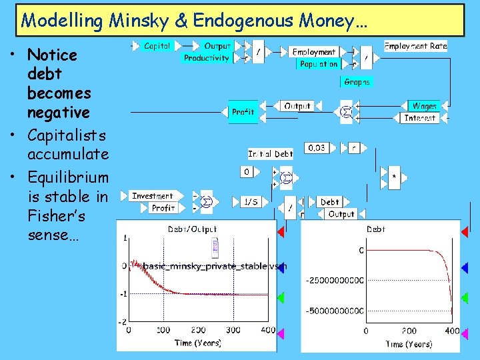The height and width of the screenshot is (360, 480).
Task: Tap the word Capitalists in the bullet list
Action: [x=68, y=136]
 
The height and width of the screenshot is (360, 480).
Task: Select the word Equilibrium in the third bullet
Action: [x=67, y=177]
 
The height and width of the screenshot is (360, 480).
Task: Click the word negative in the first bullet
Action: [x=59, y=111]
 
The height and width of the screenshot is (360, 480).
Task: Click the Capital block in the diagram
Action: [x=157, y=46]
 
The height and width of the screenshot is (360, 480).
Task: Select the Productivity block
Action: [x=207, y=59]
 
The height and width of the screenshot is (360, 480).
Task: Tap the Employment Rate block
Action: [x=415, y=46]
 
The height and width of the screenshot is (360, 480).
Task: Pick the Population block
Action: [x=319, y=64]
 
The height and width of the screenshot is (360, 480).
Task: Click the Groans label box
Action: [x=357, y=82]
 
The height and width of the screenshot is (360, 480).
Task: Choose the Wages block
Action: [x=424, y=106]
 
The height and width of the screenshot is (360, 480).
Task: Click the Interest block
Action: [x=420, y=118]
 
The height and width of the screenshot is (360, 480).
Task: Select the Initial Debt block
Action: [x=270, y=154]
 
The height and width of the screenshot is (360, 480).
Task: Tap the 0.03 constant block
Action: [x=317, y=147]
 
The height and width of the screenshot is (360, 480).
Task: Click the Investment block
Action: [x=153, y=196]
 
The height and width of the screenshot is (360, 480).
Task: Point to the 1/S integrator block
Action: [x=251, y=202]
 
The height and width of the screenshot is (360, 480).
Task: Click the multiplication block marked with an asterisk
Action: [x=394, y=177]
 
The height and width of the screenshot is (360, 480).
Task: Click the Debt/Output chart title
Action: [x=192, y=229]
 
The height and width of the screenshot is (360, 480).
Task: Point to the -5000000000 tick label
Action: [x=335, y=311]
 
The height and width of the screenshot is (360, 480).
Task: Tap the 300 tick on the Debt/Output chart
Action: [x=233, y=330]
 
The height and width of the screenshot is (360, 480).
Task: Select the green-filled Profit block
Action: [x=243, y=112]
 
